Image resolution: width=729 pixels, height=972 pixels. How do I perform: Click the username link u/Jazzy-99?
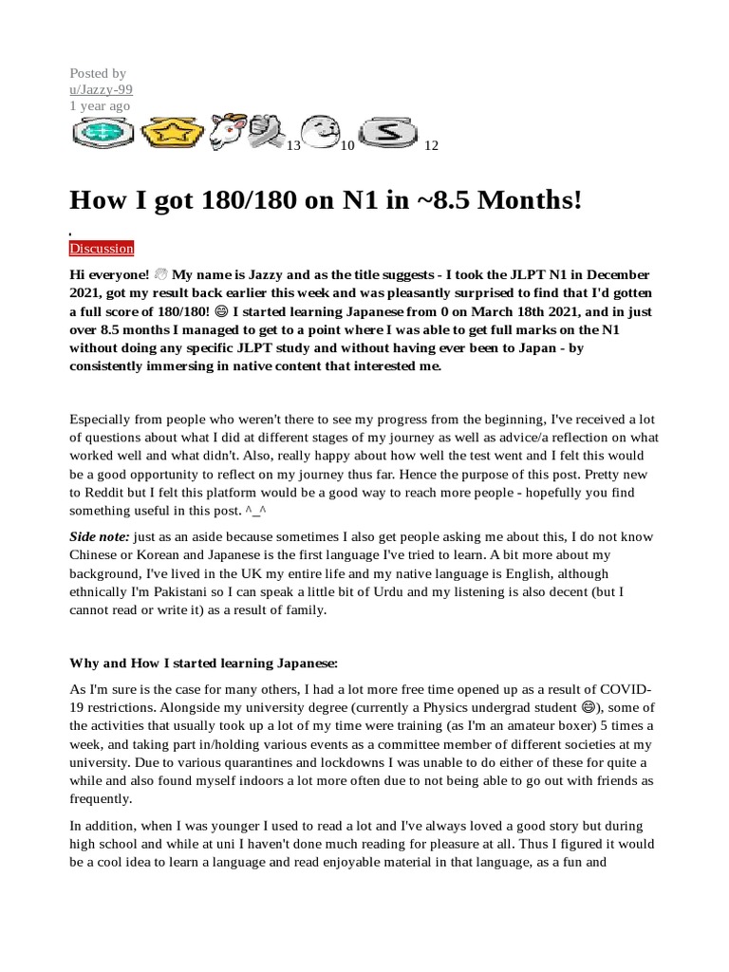click(x=101, y=89)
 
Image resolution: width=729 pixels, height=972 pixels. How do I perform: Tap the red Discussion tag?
click(x=102, y=249)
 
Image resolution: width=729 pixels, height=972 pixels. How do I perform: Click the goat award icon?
click(x=227, y=134)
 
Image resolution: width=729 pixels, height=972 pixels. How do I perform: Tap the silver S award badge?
click(x=387, y=133)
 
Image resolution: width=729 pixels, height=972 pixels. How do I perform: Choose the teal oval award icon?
click(x=103, y=134)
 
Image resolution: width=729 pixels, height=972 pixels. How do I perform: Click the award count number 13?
click(x=293, y=146)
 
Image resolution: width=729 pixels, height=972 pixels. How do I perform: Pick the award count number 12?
click(x=431, y=146)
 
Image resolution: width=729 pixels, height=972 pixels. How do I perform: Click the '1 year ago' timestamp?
click(x=100, y=106)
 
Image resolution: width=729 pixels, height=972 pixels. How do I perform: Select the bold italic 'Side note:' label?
click(x=100, y=537)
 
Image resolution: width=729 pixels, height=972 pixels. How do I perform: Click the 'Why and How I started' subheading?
click(x=203, y=663)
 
